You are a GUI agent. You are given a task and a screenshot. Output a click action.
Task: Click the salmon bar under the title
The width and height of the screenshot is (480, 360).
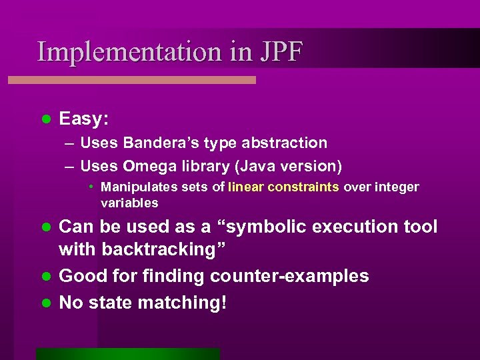pyautogui.click(x=131, y=80)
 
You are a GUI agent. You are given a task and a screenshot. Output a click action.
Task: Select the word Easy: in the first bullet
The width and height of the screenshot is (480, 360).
pyautogui.click(x=85, y=119)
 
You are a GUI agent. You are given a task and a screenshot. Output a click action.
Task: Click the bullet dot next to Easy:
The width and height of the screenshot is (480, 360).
pyautogui.click(x=46, y=119)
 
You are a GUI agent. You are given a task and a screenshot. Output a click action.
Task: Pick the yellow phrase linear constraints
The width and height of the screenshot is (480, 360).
pyautogui.click(x=284, y=187)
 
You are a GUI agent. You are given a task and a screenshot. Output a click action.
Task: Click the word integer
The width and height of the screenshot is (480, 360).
pyautogui.click(x=397, y=187)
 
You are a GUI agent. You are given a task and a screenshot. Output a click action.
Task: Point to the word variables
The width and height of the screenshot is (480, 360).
pyautogui.click(x=129, y=203)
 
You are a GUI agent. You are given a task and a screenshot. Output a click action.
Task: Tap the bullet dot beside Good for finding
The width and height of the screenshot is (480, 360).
pyautogui.click(x=46, y=276)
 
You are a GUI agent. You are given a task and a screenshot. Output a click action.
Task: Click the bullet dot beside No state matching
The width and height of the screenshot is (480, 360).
pyautogui.click(x=46, y=302)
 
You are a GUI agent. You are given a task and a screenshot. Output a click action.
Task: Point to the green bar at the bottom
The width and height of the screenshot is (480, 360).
pyautogui.click(x=128, y=354)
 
